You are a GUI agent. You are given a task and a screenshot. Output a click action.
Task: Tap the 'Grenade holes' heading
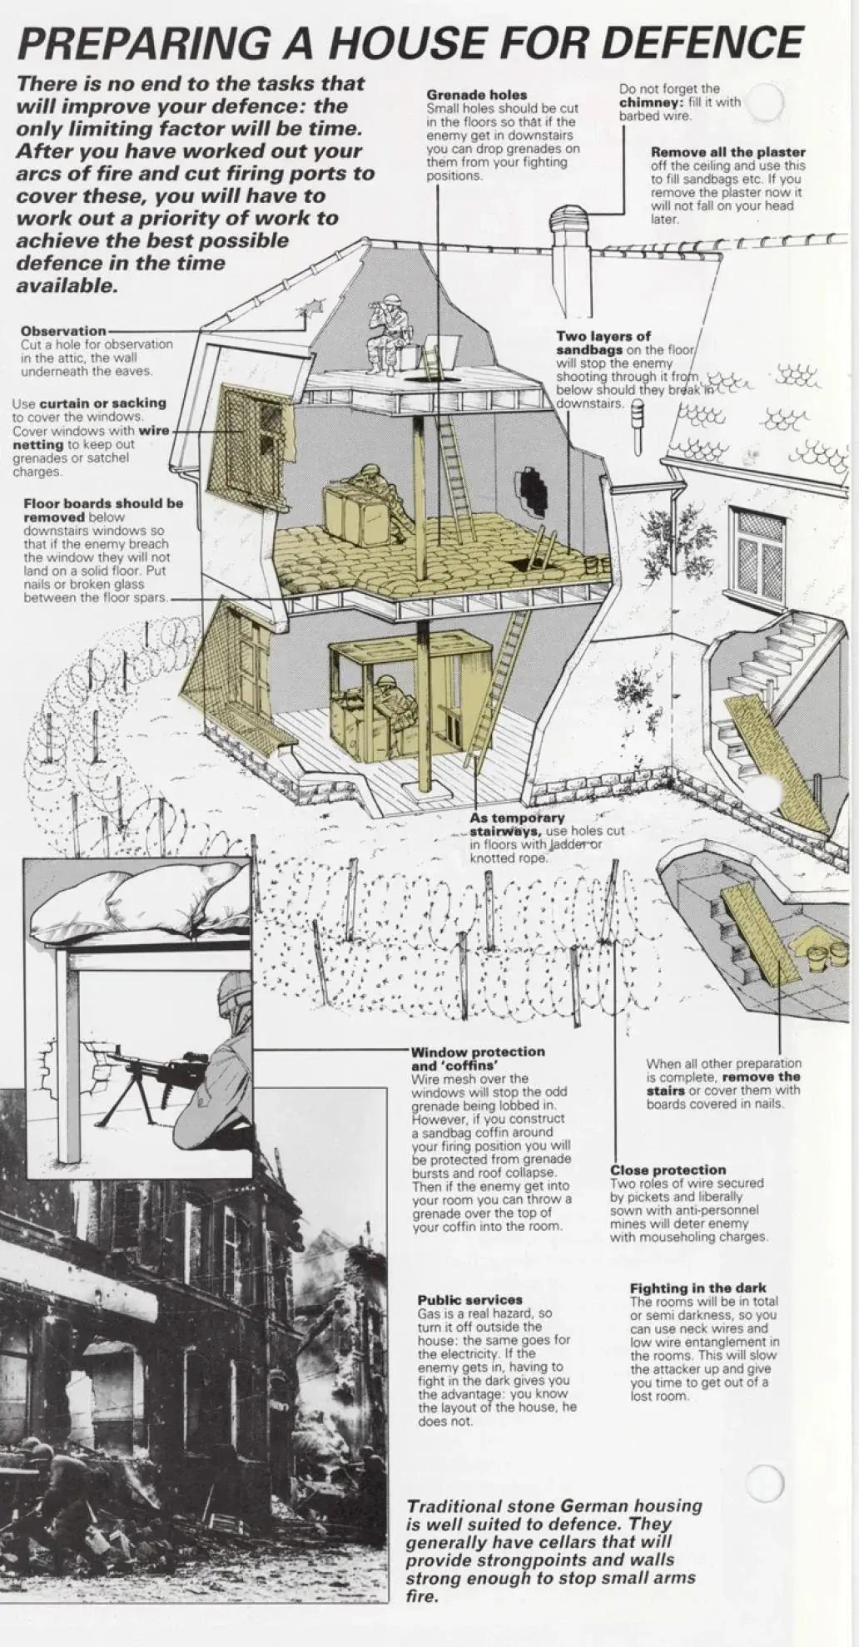[x=476, y=95]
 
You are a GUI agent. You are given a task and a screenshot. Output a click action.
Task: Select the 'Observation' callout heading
[x=63, y=330]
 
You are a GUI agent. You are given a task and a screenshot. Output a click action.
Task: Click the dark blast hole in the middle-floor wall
[x=533, y=490]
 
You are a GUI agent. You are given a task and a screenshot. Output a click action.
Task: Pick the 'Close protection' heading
[x=668, y=1170]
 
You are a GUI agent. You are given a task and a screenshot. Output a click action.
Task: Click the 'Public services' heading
[x=469, y=1299]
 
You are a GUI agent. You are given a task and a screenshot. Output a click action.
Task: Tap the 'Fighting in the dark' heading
[x=698, y=1288]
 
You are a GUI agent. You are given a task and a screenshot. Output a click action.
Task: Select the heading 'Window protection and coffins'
[x=477, y=1058]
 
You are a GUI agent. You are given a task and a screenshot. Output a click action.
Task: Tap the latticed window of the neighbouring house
[x=757, y=552]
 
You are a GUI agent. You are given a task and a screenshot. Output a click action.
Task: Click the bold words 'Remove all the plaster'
[x=727, y=152]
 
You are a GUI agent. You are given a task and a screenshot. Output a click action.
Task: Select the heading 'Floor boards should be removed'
[x=102, y=510]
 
